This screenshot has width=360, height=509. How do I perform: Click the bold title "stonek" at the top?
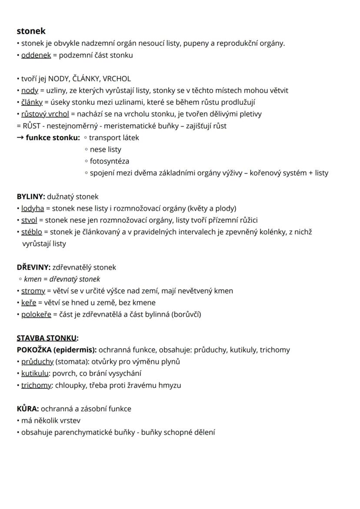31,31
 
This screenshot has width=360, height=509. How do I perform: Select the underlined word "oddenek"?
36,55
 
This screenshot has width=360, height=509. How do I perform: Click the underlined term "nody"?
30,90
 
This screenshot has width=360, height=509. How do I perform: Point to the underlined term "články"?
32,102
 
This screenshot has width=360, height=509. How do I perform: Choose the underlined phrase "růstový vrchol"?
45,114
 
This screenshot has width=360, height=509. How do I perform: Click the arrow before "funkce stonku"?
20,138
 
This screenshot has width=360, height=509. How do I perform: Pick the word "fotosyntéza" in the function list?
109,161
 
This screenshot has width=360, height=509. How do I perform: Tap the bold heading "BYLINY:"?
31,197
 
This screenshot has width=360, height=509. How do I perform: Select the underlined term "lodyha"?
33,208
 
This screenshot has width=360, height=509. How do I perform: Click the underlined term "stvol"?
29,220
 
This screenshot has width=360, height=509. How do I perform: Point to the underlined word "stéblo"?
31,232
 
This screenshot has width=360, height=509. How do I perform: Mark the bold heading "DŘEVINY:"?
34,267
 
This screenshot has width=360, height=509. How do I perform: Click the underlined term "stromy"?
33,291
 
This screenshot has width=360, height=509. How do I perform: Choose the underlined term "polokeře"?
36,314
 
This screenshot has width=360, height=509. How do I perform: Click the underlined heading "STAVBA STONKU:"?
47,338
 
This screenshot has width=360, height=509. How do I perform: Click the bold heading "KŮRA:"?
28,409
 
